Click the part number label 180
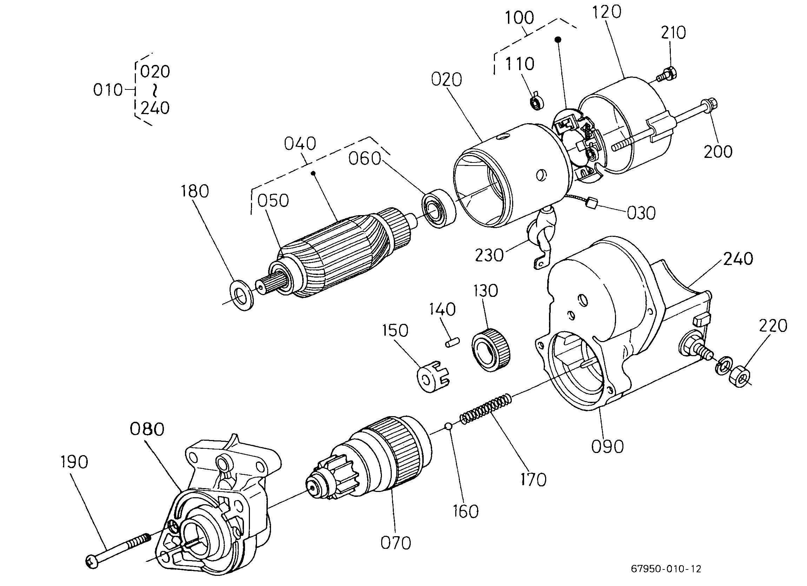click(194, 192)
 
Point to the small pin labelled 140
click(453, 342)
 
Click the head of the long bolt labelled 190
click(92, 561)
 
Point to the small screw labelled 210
click(667, 75)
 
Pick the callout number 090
click(607, 447)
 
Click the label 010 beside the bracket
click(108, 90)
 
